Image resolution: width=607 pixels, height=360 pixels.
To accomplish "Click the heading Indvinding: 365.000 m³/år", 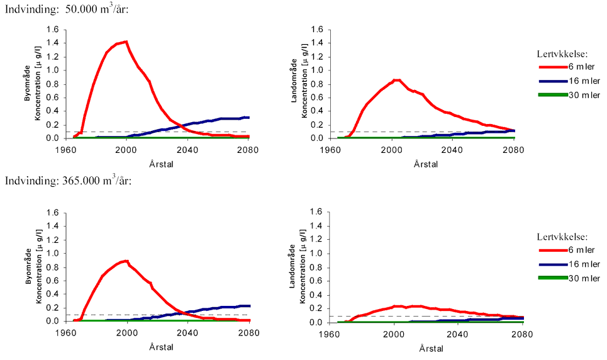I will pyautogui.click(x=66, y=181).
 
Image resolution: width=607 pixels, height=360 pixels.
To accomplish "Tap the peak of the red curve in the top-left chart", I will pyautogui.click(x=126, y=42).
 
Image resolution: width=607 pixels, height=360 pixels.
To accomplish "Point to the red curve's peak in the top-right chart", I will pyautogui.click(x=396, y=80).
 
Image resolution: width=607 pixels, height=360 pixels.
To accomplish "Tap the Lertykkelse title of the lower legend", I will pyautogui.click(x=562, y=237).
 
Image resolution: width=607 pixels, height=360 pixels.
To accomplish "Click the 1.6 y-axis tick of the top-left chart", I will pyautogui.click(x=53, y=30).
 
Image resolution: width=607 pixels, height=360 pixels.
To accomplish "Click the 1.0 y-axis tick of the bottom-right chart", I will pyautogui.click(x=318, y=254).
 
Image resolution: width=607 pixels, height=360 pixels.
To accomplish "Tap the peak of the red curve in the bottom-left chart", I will pyautogui.click(x=126, y=261).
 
